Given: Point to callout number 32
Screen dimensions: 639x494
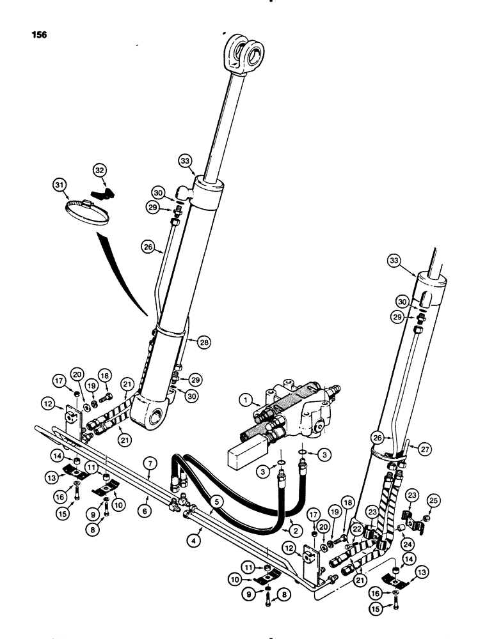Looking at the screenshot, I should pos(99,171).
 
